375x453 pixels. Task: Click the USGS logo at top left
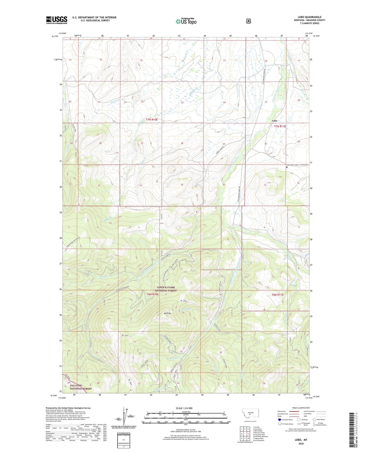(x=57, y=20)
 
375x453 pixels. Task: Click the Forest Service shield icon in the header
(x=248, y=21)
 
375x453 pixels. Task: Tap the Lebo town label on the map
(x=274, y=121)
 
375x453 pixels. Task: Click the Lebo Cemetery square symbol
(x=287, y=168)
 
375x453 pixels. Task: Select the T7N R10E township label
(x=152, y=120)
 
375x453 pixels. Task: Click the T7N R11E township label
(x=280, y=126)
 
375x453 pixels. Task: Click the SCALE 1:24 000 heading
(x=184, y=408)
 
